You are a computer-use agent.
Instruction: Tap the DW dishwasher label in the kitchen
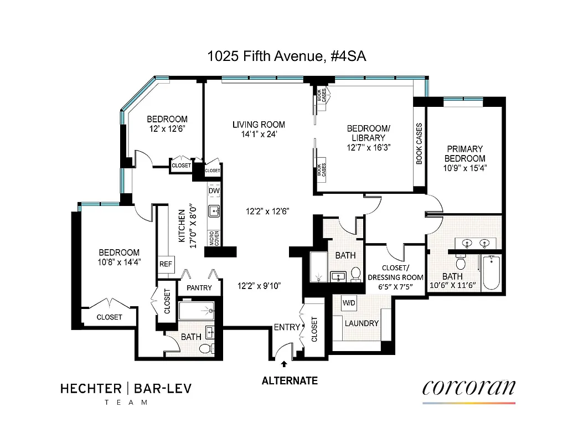tap(214, 191)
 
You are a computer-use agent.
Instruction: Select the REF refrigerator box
tap(166, 264)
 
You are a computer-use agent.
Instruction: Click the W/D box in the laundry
tap(349, 303)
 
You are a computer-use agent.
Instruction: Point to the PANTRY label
tap(199, 288)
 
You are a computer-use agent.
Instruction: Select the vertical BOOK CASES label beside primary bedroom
tap(419, 144)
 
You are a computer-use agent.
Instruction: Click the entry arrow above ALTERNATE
tap(285, 364)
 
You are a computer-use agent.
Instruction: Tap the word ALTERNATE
tap(290, 381)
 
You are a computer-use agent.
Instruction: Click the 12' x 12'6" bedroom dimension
tap(167, 129)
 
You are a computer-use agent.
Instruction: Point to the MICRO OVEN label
tap(214, 238)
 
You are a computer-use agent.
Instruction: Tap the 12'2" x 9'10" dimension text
tap(259, 286)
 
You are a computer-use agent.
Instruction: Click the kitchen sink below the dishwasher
tap(214, 211)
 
